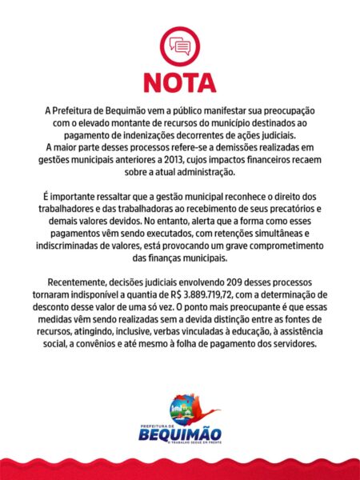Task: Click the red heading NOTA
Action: click(179, 83)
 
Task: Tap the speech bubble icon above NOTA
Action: click(179, 46)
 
